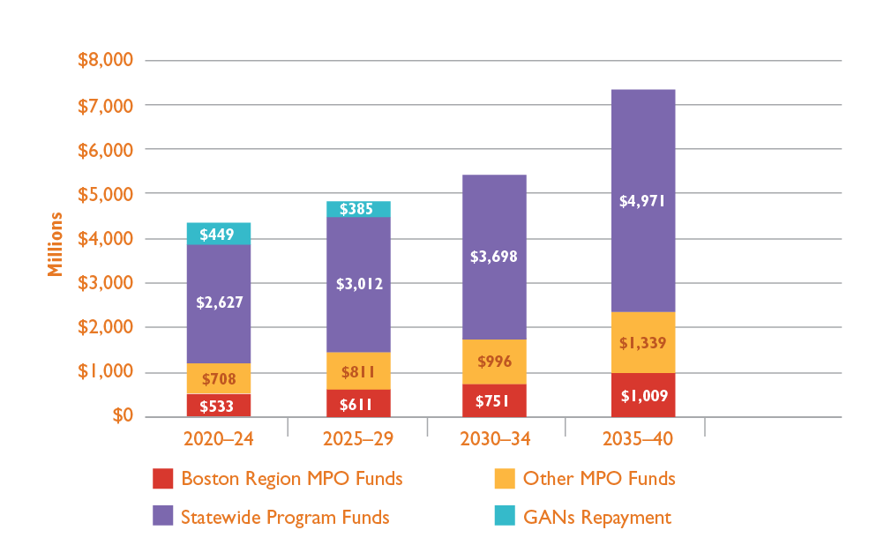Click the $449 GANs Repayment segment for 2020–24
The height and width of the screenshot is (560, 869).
point(219,234)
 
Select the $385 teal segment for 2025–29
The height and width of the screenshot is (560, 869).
point(358,209)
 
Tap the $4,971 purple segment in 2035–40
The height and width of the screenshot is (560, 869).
point(643,200)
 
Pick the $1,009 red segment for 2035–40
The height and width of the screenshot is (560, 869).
point(643,394)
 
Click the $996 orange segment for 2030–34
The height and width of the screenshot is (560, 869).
point(494,362)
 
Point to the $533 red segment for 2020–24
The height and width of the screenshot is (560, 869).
point(219,405)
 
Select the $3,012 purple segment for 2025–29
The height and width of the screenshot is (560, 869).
point(358,284)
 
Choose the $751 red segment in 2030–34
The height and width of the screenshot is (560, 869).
point(494,400)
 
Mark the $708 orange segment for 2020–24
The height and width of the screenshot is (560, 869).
point(219,378)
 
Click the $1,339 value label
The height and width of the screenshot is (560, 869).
point(643,343)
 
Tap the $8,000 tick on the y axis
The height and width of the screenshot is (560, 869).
point(105,60)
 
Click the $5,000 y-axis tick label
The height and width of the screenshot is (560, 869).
point(105,193)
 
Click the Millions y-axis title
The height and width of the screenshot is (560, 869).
point(56,244)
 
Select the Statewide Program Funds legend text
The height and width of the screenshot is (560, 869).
point(285,518)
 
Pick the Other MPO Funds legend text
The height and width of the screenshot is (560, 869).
point(599,479)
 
